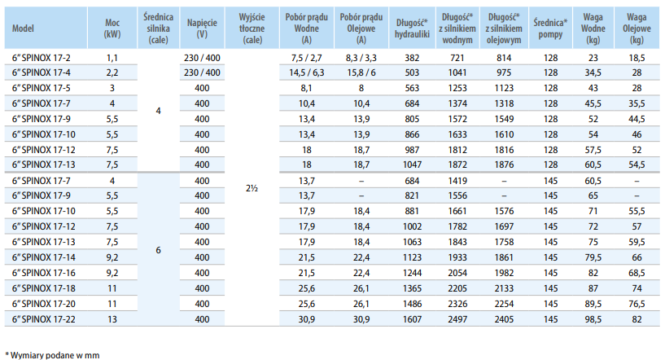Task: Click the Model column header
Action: point(23,29)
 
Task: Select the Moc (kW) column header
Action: point(112,29)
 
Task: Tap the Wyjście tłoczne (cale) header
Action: point(252,29)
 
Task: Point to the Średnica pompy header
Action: point(550,29)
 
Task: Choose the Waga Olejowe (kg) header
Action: point(637,29)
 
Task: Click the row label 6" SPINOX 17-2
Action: point(42,58)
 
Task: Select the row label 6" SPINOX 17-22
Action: point(44,319)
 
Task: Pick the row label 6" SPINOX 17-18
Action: point(44,288)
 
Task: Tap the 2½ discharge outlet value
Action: point(252,188)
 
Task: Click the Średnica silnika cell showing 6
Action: point(158,250)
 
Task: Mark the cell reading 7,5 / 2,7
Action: point(307,58)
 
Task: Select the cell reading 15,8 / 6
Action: point(361,72)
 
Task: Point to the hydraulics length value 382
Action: point(412,58)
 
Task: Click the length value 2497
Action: point(457,319)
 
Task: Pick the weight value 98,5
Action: point(593,319)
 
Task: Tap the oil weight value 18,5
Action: point(637,58)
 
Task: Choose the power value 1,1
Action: point(112,58)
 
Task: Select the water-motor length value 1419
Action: point(457,181)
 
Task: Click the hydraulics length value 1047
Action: point(412,165)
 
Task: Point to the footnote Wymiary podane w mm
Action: point(55,355)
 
